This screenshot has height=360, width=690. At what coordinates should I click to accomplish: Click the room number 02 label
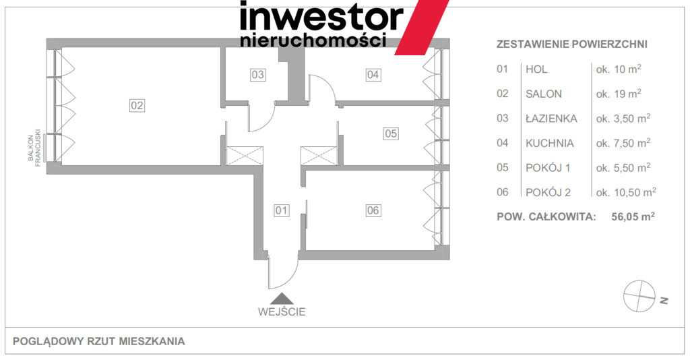point(137,106)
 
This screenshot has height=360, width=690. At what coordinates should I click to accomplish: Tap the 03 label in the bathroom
point(257,75)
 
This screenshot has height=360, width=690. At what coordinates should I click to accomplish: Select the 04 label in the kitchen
point(373,75)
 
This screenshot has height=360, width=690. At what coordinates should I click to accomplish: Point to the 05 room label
point(391,133)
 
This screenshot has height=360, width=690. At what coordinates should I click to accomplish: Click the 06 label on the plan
point(373,210)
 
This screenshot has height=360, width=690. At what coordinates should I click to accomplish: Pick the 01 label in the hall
point(281,210)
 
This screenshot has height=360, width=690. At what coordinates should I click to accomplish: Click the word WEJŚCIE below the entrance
point(282,312)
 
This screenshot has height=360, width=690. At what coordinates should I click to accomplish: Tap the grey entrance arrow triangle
point(282,299)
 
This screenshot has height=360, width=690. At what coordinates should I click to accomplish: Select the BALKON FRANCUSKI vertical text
point(34,147)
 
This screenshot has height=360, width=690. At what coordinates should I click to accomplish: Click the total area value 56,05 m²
point(633,216)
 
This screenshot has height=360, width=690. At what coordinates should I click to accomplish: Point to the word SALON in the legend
point(544,94)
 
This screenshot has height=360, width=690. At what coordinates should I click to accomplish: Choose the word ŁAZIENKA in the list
point(551,119)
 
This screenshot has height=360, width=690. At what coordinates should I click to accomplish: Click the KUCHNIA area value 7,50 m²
point(623,143)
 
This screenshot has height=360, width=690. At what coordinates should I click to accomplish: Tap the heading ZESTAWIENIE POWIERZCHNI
point(571,44)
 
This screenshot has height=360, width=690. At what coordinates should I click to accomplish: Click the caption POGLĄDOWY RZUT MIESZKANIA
point(98,342)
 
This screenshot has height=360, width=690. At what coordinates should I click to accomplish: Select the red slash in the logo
point(421,27)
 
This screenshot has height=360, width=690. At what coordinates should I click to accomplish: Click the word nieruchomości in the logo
point(313,40)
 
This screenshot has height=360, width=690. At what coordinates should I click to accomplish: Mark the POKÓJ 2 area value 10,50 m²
point(626,192)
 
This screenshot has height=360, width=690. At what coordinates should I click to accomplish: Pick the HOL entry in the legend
point(536,69)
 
